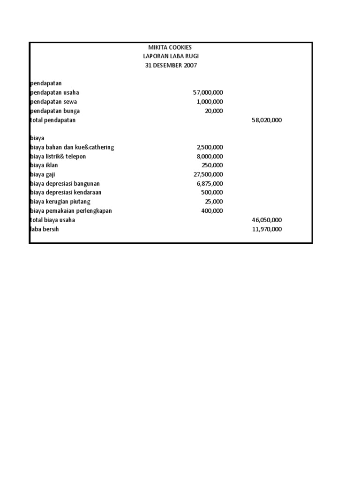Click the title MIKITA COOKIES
[170, 47]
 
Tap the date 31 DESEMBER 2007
[170, 66]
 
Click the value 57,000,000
[208, 93]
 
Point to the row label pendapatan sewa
[54, 102]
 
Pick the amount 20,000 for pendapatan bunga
[214, 111]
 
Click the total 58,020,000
[267, 120]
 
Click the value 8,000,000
[210, 156]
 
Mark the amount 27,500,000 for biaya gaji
[208, 174]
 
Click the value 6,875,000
[210, 183]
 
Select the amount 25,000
[214, 202]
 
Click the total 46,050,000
[267, 220]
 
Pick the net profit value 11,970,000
[267, 229]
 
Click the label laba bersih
[45, 229]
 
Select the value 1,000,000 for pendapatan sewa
[210, 102]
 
